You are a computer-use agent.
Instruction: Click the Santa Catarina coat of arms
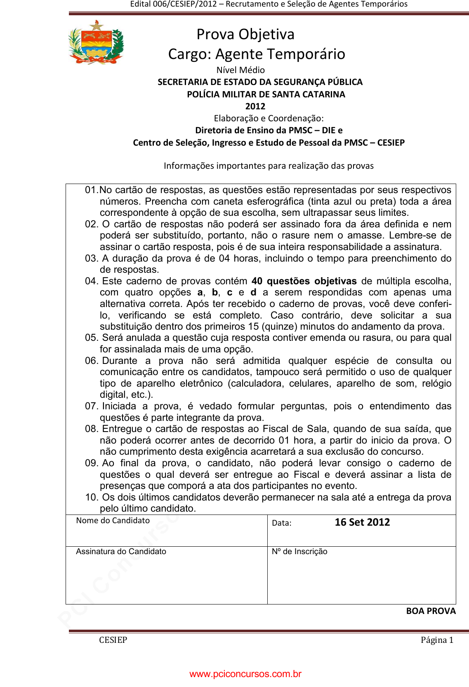96,42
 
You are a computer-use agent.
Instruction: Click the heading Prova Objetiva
245,34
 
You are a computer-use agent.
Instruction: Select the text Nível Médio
240,70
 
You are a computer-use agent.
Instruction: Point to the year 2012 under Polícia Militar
255,106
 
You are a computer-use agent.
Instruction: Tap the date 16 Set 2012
362,522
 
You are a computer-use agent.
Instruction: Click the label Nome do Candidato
113,521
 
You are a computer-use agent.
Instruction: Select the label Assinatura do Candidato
121,552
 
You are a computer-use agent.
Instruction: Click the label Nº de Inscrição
299,552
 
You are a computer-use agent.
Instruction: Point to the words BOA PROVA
431,611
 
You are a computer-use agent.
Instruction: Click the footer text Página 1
437,640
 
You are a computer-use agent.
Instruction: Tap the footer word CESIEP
113,640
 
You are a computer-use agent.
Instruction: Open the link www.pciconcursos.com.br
245,674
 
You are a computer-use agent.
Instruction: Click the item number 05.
91,338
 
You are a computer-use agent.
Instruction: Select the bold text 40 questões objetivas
304,281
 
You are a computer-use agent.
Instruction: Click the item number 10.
92,498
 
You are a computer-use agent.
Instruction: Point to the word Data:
282,523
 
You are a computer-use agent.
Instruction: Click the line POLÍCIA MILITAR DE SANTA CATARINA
266,94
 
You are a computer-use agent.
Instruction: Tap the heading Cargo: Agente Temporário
257,54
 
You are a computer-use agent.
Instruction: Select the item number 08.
91,429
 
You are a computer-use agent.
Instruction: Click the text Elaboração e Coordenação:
269,118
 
